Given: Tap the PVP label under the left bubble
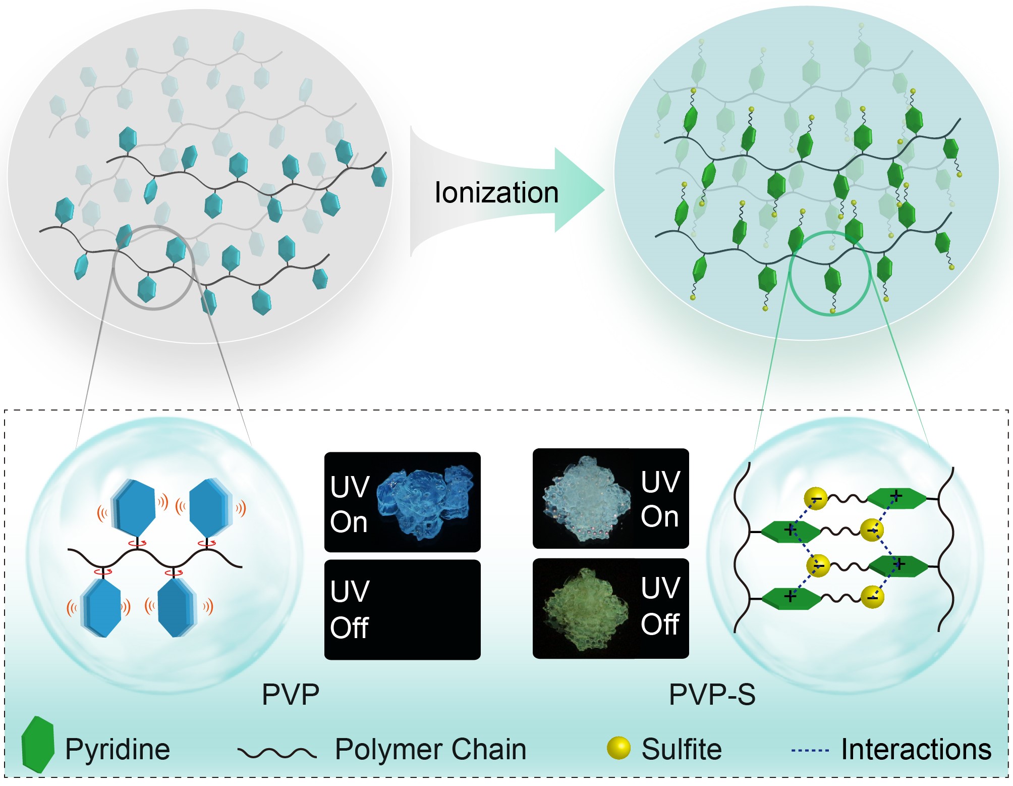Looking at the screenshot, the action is pos(291,695).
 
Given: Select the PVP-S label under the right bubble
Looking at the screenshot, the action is pos(712,695).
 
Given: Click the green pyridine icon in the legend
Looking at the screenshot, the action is pos(37,744).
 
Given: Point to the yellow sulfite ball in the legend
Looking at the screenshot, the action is pos(618,748).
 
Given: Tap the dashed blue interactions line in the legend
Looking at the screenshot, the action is pos(810,751).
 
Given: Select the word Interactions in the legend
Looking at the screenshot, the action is pos(916,749).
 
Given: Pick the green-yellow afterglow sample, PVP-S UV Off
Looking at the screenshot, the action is pos(585,608).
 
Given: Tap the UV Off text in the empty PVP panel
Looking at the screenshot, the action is pos(350,609).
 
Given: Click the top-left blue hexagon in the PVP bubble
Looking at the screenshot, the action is pos(133,507).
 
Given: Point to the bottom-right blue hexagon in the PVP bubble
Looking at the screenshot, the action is pos(177,607).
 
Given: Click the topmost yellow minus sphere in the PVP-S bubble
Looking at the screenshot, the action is pos(816,499).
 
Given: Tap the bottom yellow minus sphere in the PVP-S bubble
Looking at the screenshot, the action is pos(872,597).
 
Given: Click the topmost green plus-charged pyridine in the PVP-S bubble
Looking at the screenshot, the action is pos(896,498).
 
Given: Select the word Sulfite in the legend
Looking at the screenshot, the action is pos(682,749).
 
